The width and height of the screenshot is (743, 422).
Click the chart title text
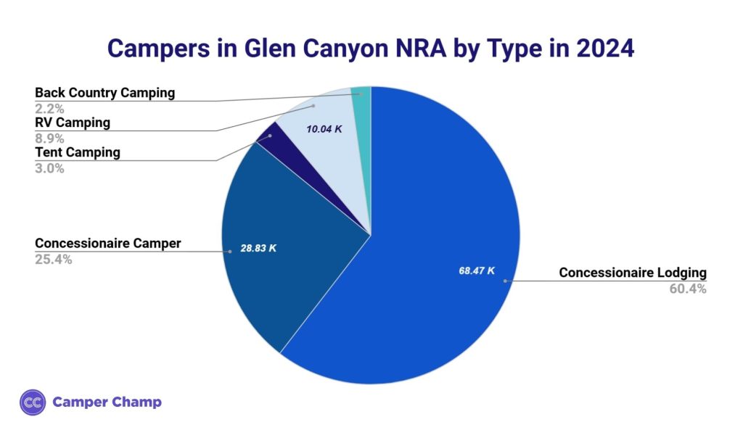pos(371,49)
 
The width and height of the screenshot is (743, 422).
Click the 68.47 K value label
pos(477,270)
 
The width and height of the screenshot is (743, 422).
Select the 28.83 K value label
pos(258,248)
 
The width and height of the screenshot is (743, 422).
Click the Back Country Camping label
pos(105,93)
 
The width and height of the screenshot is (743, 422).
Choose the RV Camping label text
pos(73,123)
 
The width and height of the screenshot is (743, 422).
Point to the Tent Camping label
pos(78,152)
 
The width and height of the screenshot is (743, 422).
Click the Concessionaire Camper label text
pos(108,243)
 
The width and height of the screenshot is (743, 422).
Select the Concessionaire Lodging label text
pos(632,273)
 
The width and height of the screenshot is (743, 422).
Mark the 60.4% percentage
pos(686,289)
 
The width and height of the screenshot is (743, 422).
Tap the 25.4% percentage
pos(54,260)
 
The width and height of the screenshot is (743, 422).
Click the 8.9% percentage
pos(50,138)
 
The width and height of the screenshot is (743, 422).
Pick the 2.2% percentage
pos(50,109)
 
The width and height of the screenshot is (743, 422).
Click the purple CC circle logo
pos(33,402)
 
